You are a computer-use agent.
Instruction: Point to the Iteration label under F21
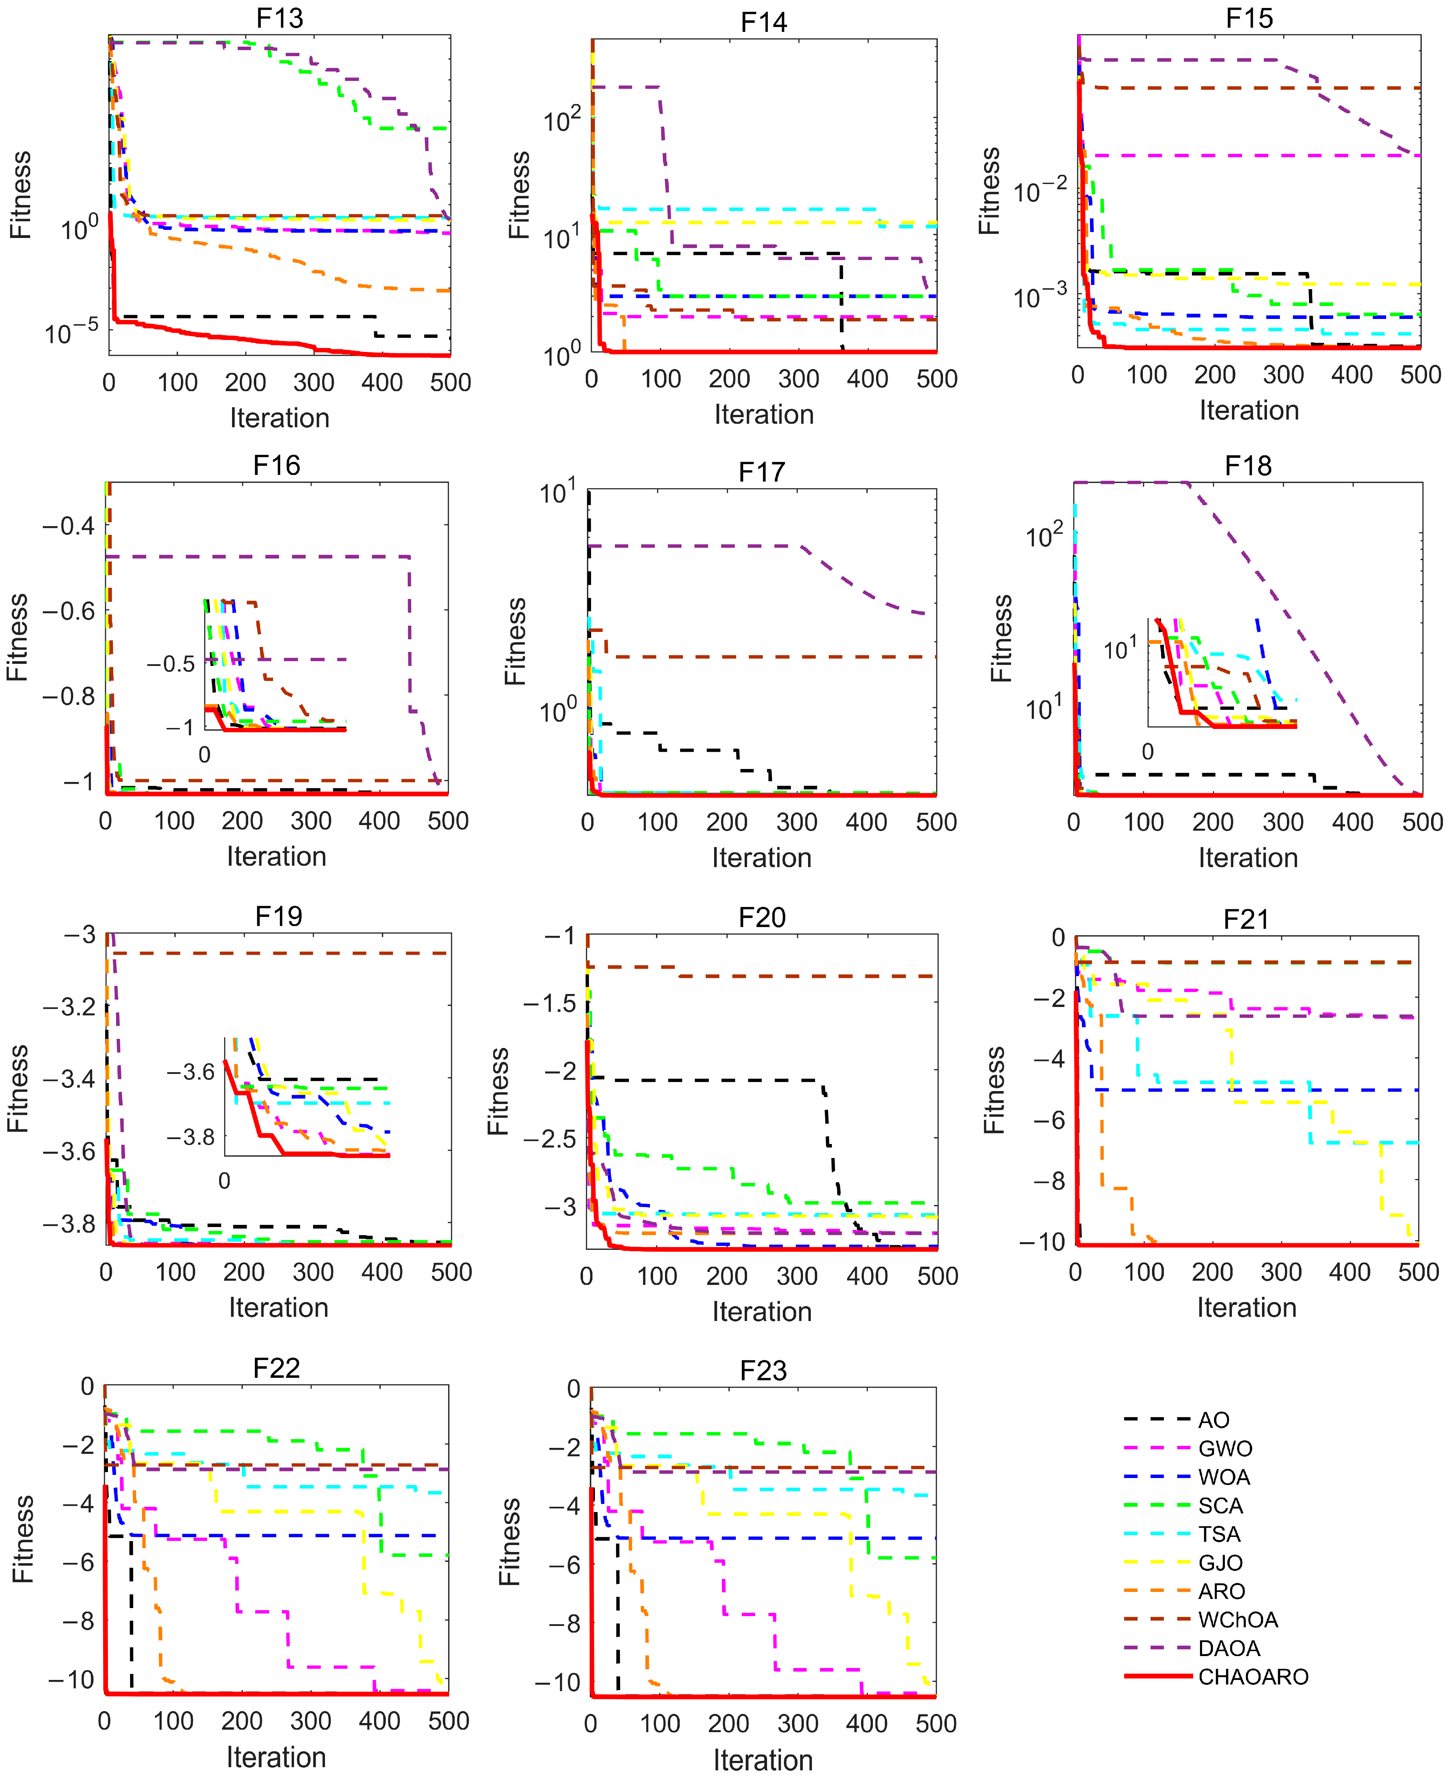click(x=1246, y=1307)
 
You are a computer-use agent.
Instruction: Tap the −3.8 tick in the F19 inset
click(x=191, y=1137)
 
